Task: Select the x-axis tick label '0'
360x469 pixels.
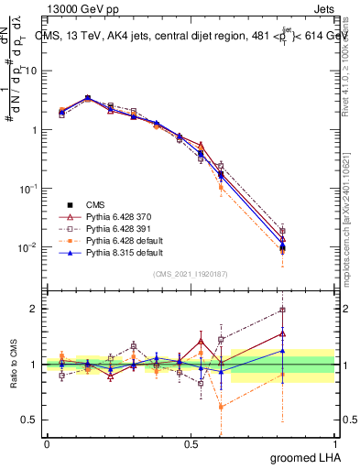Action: [x=47, y=442]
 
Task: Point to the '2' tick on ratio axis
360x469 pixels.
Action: [x=34, y=309]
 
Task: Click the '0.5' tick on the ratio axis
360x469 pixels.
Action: [x=28, y=420]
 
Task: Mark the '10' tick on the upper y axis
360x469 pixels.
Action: [x=30, y=71]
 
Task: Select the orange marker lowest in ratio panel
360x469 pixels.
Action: [x=221, y=407]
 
